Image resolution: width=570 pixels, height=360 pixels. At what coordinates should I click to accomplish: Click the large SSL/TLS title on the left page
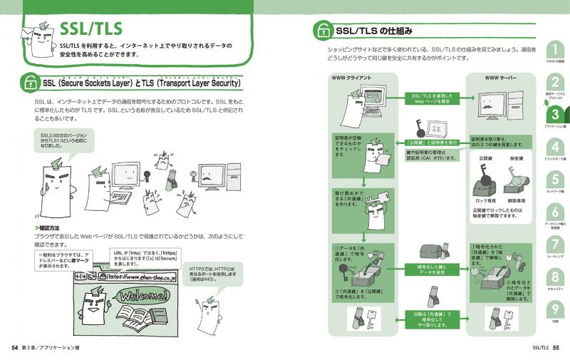[x=91, y=28]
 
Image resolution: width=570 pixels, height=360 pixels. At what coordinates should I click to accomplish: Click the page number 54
[x=14, y=348]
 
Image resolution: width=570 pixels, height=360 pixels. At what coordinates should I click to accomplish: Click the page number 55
[x=556, y=348]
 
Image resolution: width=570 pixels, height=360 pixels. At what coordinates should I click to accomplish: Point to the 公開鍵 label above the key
[x=485, y=158]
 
